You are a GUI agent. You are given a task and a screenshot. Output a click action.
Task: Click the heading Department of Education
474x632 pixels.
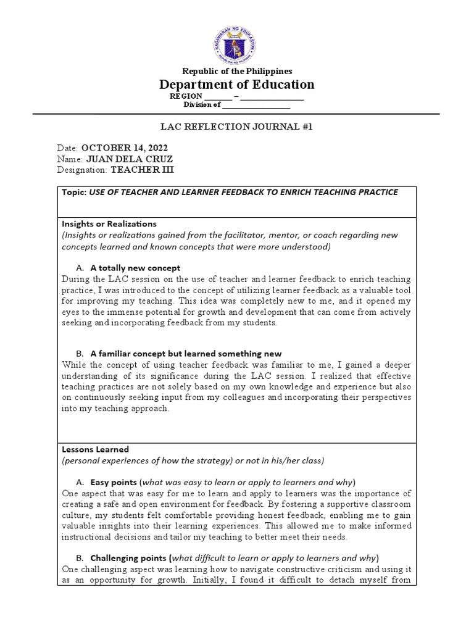tap(237, 85)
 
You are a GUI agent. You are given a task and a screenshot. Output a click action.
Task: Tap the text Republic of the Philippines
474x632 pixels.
tap(237, 72)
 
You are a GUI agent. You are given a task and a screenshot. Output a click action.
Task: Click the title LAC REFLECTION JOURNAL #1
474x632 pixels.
tap(237, 128)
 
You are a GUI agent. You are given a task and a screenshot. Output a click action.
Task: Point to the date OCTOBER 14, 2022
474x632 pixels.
tap(124, 148)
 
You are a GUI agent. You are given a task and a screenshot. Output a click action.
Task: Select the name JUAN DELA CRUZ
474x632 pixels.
tap(129, 159)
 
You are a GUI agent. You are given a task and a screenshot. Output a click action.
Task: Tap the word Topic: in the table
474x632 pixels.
tap(75, 192)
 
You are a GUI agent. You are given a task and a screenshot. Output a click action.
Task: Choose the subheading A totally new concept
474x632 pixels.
tap(135, 268)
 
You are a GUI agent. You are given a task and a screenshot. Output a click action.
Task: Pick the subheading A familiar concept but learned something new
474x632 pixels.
tap(186, 354)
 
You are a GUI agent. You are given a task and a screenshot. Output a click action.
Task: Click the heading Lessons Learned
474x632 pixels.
tap(96, 449)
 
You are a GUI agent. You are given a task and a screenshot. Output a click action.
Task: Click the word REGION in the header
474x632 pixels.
tap(185, 97)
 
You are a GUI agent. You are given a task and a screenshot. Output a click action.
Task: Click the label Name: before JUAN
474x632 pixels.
tap(70, 159)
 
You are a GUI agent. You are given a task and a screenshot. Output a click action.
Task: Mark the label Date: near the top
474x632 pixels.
tap(68, 148)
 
